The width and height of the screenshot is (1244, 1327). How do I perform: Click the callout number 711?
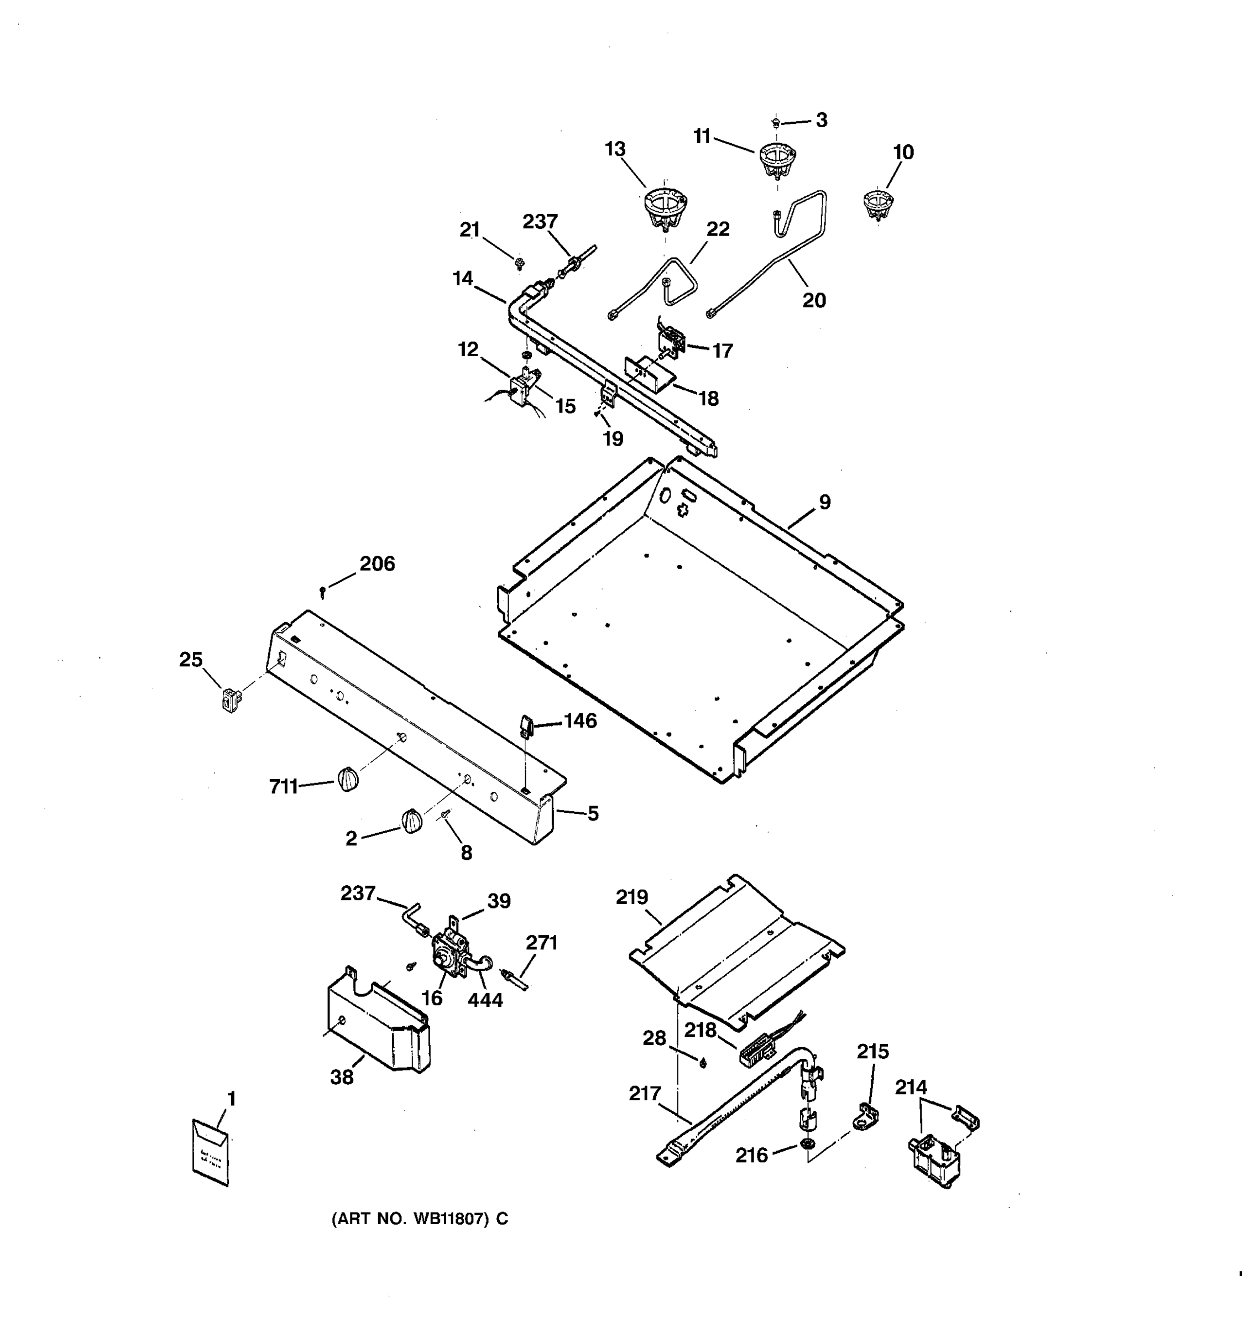click(283, 787)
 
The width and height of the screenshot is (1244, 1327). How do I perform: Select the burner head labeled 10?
click(877, 203)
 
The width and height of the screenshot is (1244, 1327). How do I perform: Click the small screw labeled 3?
click(776, 122)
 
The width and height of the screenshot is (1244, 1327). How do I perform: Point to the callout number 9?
click(825, 502)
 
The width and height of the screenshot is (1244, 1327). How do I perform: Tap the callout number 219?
click(632, 897)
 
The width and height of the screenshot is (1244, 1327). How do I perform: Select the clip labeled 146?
click(525, 725)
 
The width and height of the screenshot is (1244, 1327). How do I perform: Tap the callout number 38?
click(342, 1077)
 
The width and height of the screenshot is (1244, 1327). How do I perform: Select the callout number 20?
click(813, 300)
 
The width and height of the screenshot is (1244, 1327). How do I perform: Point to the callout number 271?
click(541, 943)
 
